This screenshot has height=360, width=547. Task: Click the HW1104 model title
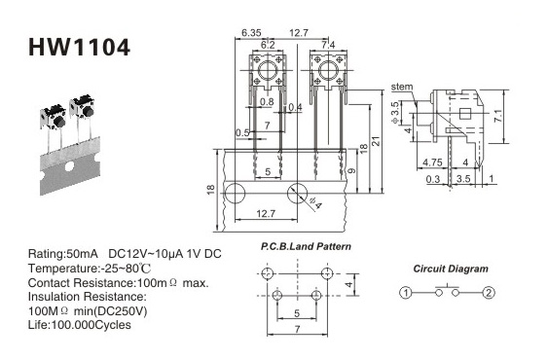pyautogui.click(x=79, y=48)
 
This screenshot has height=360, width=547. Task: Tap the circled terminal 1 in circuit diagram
pyautogui.click(x=405, y=292)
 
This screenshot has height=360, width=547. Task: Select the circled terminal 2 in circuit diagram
pyautogui.click(x=489, y=292)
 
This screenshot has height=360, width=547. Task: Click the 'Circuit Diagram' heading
pyautogui.click(x=451, y=269)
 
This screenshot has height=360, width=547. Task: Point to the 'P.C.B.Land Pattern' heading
pyautogui.click(x=306, y=246)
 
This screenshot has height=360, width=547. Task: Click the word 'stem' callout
pyautogui.click(x=402, y=87)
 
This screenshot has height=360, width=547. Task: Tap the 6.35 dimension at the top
pyautogui.click(x=251, y=33)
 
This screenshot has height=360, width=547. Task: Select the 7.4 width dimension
pyautogui.click(x=328, y=45)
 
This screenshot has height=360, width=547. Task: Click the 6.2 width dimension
pyautogui.click(x=268, y=45)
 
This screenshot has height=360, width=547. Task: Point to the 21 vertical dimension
pyautogui.click(x=376, y=141)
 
